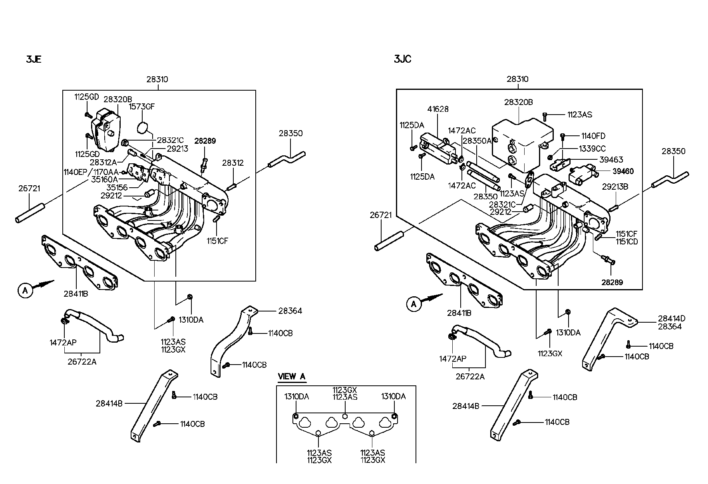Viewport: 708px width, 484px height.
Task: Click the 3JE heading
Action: (x=34, y=60)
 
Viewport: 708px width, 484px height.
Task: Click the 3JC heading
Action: (x=402, y=59)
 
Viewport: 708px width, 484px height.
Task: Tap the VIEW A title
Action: (x=291, y=376)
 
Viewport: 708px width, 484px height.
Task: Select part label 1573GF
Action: (x=141, y=107)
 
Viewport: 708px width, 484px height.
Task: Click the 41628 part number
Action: (x=438, y=109)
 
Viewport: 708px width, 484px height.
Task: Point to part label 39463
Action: (x=611, y=160)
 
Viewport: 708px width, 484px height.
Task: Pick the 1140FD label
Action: (x=593, y=136)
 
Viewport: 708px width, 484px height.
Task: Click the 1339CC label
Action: (x=592, y=149)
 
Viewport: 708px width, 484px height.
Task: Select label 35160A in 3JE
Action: (x=104, y=179)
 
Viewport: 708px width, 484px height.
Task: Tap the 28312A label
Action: (x=103, y=162)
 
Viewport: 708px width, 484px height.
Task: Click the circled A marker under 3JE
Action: (x=25, y=291)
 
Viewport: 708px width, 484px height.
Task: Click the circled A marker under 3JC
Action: (x=414, y=304)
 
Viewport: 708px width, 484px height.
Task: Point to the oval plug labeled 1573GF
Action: (x=142, y=128)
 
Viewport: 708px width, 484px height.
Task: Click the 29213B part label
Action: (x=615, y=186)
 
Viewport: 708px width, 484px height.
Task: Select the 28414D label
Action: (x=672, y=318)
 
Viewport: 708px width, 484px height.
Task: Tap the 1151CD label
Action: (x=626, y=242)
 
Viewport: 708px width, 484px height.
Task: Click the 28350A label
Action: (x=477, y=141)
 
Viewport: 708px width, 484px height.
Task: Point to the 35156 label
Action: (x=117, y=187)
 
